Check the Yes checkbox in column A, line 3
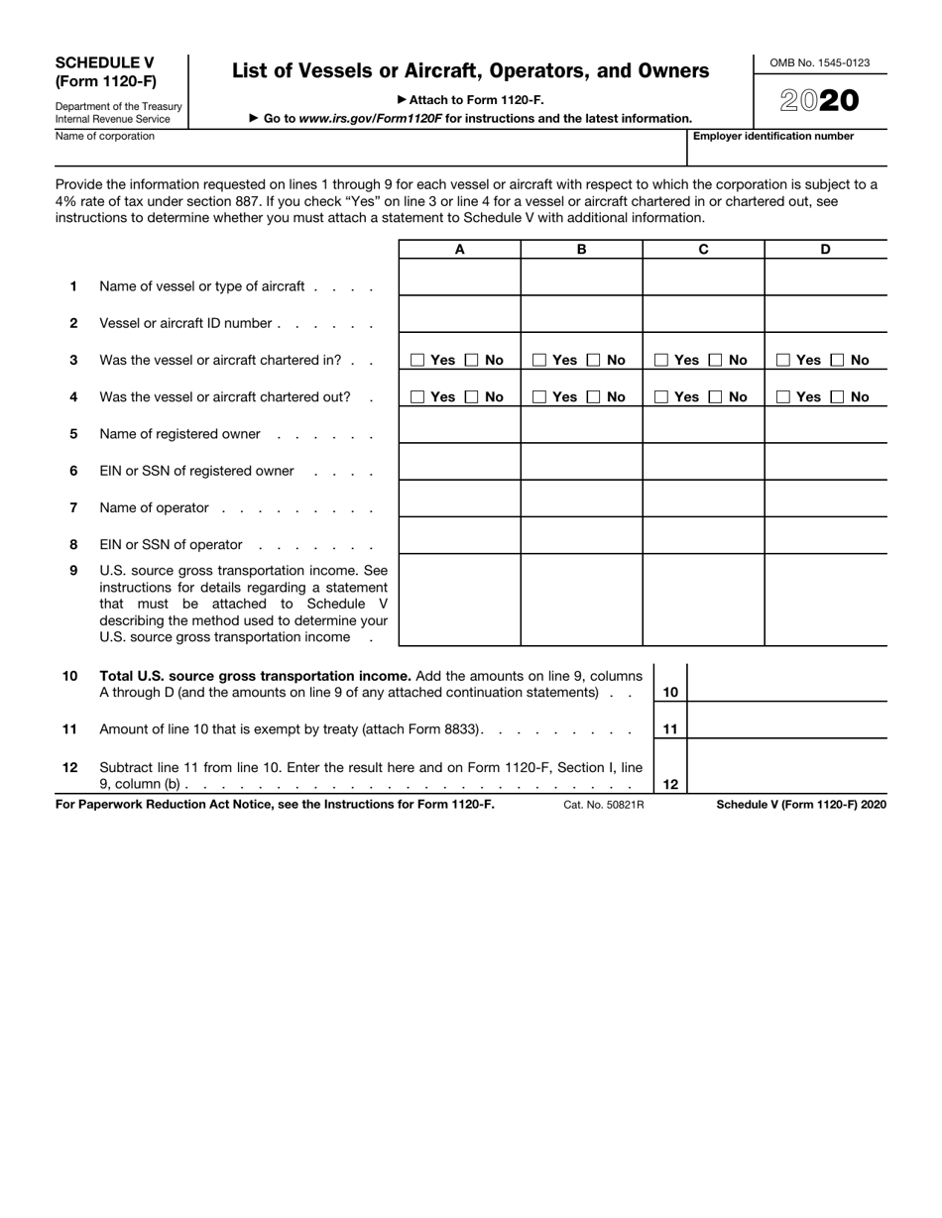point(417,361)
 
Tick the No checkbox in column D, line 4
point(838,397)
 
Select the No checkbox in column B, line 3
point(594,361)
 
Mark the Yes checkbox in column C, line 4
point(661,397)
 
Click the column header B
point(581,250)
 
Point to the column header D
point(825,250)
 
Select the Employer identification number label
point(773,137)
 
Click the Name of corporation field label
point(105,137)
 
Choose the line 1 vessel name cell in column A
point(459,277)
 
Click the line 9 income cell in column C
point(703,600)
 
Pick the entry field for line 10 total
point(786,683)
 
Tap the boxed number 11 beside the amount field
point(670,729)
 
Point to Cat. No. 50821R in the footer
point(603,805)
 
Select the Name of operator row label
point(155,508)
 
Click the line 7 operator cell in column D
point(825,498)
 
